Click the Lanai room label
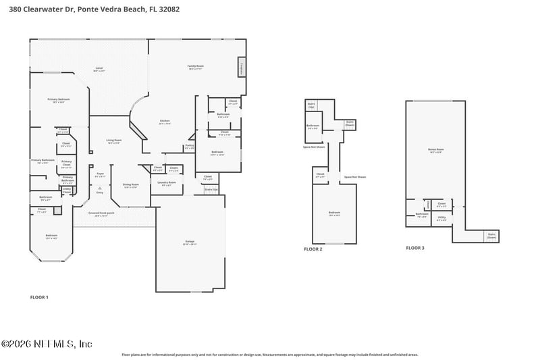pos(99,69)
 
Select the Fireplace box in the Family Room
pos(241,68)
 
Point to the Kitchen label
pos(164,122)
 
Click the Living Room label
pos(113,141)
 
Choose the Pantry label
pos(189,147)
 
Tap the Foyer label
pos(100,174)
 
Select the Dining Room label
pos(130,185)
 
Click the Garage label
pos(190,240)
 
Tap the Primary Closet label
pos(67,163)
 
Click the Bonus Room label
pos(435,150)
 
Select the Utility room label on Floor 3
pos(441,218)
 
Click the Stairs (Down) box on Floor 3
pos(491,236)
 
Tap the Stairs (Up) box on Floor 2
pos(311,106)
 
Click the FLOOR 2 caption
pos(313,249)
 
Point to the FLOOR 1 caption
pos(40,297)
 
